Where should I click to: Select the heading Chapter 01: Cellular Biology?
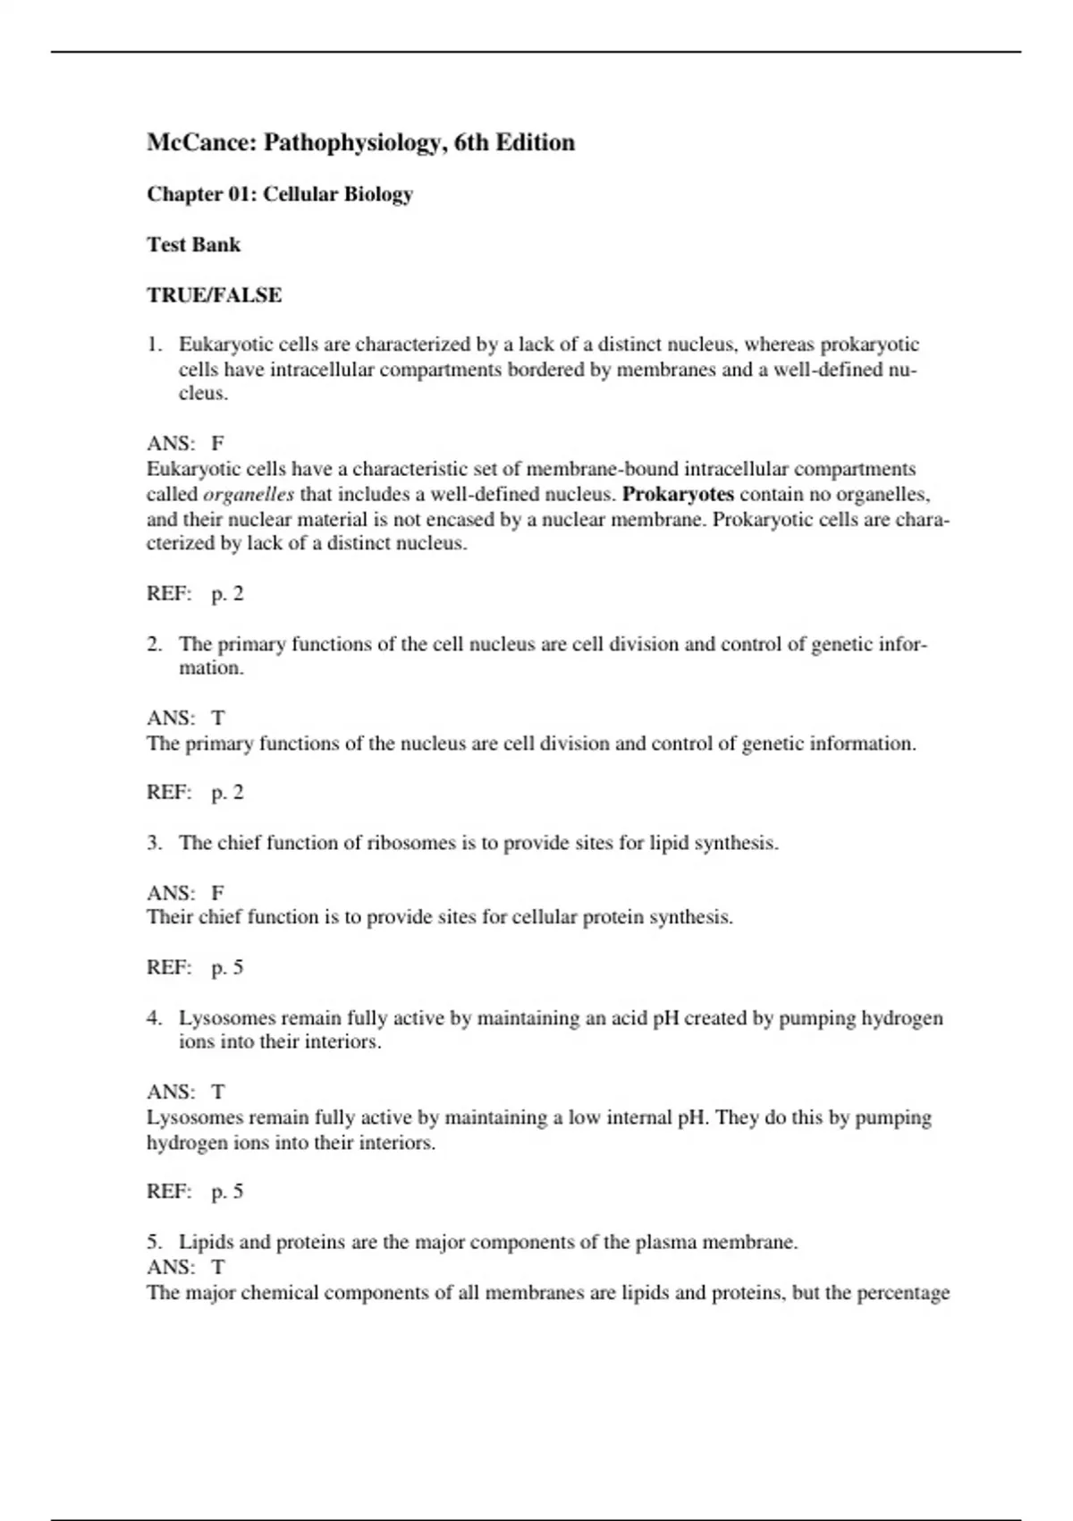pos(279,194)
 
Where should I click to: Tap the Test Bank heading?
pos(193,244)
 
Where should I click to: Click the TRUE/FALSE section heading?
pos(214,295)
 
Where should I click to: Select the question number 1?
pos(154,344)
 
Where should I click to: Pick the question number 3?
pos(154,843)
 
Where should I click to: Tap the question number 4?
pos(154,1018)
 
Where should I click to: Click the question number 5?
pos(154,1242)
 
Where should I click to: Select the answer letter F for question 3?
pos(217,893)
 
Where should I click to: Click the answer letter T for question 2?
pos(217,718)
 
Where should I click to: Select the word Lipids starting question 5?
pos(206,1242)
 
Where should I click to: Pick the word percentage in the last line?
pos(903,1293)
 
